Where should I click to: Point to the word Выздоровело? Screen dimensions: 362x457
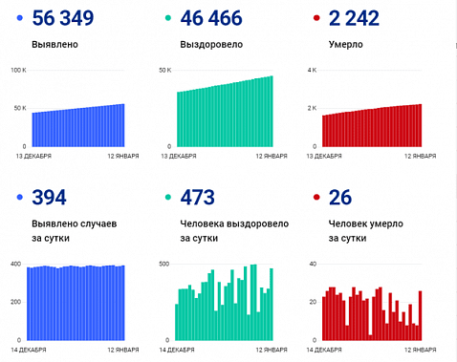point(209,44)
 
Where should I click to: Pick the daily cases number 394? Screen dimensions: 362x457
point(49,198)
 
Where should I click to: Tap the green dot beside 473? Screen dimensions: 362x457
point(167,198)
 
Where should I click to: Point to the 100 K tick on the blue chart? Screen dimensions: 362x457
point(17,71)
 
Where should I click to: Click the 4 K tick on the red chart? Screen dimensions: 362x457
point(311,71)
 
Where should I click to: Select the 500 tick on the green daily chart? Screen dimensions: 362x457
point(163,264)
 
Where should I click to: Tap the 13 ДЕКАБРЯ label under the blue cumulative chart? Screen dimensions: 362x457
point(31,155)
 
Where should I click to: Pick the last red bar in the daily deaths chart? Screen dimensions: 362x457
point(420,316)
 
